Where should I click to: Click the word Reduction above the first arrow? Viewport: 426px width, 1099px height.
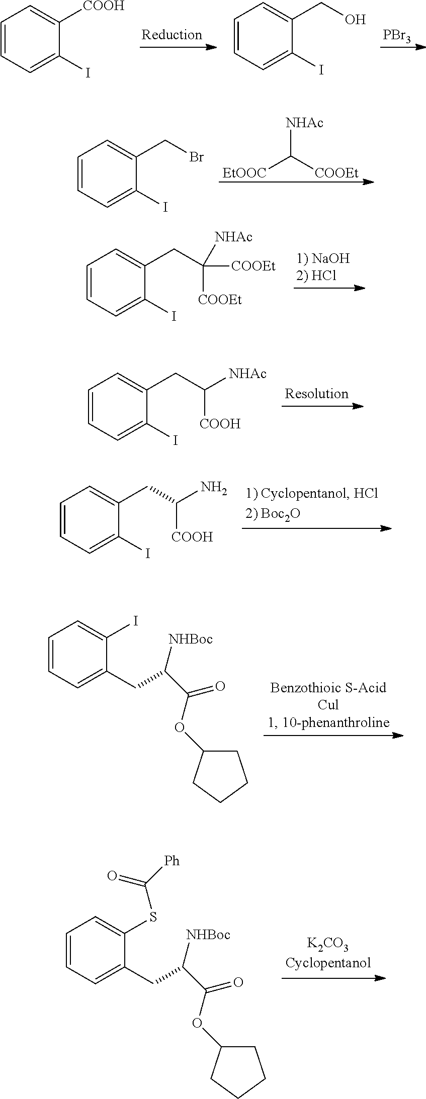(x=172, y=35)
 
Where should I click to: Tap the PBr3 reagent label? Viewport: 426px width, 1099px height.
(x=397, y=36)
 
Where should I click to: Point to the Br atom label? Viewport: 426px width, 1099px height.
(x=196, y=157)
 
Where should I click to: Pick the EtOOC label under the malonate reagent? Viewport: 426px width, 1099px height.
(x=244, y=173)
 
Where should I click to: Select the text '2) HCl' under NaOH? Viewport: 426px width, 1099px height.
(x=316, y=276)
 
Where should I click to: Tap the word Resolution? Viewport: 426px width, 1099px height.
(x=316, y=393)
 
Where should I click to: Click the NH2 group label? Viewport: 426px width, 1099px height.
(x=213, y=488)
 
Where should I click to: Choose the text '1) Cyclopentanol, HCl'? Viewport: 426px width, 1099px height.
(x=312, y=493)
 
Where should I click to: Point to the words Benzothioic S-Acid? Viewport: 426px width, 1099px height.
(x=328, y=687)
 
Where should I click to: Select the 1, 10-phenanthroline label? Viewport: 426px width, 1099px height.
(x=328, y=722)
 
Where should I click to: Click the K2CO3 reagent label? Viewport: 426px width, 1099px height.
(x=327, y=946)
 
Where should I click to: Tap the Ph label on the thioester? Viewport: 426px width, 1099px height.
(x=172, y=861)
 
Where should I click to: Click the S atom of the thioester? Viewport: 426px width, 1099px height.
(x=153, y=918)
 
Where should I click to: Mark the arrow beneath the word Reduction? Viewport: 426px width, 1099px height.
(x=178, y=47)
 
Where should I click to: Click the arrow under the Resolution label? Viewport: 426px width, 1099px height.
(x=322, y=406)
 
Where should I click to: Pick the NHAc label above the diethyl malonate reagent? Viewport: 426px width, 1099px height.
(x=304, y=123)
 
